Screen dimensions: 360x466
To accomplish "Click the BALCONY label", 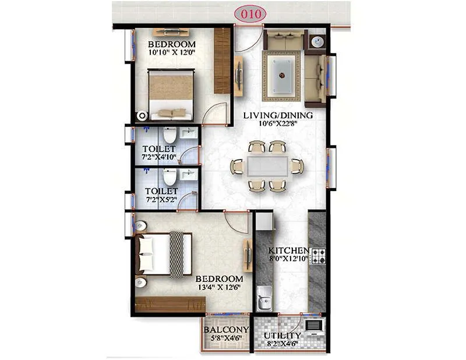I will tap(226, 330).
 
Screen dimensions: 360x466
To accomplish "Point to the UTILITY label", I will tap(283, 336).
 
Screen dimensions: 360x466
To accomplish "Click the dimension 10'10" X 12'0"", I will tap(171, 53).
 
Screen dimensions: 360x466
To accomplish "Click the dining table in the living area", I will tap(267, 166).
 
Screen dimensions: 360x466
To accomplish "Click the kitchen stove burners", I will tap(318, 256).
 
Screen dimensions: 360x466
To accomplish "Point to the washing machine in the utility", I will tap(313, 326).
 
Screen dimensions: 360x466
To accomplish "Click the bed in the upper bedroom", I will tap(171, 95).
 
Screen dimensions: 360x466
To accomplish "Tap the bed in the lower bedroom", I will tap(163, 254).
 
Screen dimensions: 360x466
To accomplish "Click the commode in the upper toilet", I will tap(169, 135).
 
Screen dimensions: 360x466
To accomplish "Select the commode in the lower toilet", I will tap(169, 177).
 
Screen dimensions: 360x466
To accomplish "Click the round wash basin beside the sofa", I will tap(317, 41).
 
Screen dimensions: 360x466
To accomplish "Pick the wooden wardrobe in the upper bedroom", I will tap(222, 60).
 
